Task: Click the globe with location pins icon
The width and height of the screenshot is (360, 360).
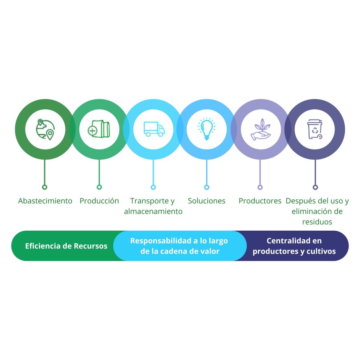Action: (45, 129)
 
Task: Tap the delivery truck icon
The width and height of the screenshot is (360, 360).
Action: (154, 129)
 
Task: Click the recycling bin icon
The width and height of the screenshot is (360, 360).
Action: (315, 129)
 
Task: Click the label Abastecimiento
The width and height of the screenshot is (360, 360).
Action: (45, 201)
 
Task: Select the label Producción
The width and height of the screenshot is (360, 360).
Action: (99, 201)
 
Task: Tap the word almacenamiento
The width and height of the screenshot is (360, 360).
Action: (153, 211)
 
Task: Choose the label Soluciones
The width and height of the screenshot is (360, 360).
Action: (207, 201)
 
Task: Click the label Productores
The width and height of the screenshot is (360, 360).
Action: (260, 201)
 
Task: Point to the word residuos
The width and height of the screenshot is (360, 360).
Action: (317, 222)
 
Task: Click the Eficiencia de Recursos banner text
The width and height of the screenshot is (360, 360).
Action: (66, 246)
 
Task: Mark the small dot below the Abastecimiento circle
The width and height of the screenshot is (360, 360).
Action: (44, 187)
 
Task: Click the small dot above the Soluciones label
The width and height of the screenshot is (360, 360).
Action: (207, 187)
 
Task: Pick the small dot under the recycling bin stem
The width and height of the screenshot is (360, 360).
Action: (315, 187)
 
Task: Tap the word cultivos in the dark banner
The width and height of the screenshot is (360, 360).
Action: (319, 251)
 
